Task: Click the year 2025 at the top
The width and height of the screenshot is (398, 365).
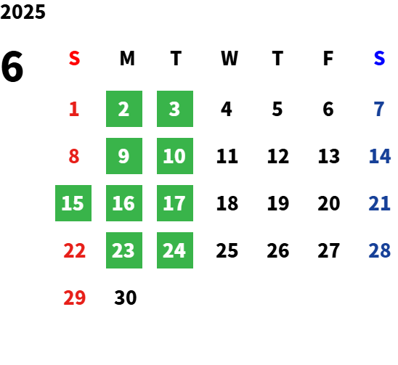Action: [23, 12]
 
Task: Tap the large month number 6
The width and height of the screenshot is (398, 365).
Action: [12, 67]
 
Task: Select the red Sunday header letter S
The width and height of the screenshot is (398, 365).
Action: [74, 58]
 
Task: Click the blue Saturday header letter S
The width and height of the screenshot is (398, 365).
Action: [379, 58]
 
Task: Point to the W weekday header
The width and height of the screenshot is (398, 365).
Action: [230, 58]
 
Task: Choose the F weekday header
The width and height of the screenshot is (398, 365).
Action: [328, 58]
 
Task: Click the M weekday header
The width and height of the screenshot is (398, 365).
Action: [127, 58]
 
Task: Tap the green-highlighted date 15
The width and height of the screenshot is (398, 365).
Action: [73, 203]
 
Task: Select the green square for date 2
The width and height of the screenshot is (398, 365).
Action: [124, 109]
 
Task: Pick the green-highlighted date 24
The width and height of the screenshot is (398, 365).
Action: [175, 250]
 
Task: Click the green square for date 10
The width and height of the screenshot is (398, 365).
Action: [175, 156]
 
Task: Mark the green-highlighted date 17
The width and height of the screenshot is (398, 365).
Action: [175, 203]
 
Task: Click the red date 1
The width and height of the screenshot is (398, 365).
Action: [74, 109]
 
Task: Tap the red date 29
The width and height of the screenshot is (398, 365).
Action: [74, 298]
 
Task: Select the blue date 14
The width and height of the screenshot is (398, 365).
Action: [379, 156]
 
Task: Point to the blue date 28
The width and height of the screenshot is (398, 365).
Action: [379, 250]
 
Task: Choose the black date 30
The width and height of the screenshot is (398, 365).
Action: [126, 298]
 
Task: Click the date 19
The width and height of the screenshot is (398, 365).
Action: [278, 203]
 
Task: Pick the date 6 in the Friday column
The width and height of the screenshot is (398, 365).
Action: [328, 109]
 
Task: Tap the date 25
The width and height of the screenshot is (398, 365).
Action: [227, 250]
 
